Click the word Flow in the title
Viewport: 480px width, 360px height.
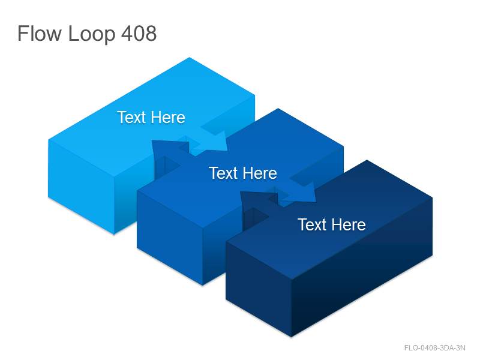[39, 34]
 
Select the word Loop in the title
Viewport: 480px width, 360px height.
[92, 35]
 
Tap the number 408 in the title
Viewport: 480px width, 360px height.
[139, 34]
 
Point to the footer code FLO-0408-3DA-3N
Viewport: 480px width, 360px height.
[434, 348]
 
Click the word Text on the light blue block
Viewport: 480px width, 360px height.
[131, 117]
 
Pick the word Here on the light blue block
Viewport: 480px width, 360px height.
[168, 117]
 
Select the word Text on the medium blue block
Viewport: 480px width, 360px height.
[223, 173]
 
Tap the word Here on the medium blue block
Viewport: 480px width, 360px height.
[260, 173]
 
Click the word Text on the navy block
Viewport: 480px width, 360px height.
[312, 224]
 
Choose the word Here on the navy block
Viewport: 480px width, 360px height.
[349, 224]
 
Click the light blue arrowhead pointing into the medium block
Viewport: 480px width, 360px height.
[214, 142]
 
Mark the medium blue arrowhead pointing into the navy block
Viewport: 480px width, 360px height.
[303, 193]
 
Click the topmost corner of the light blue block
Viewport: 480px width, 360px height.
[190, 57]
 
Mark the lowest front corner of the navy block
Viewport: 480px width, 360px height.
[292, 337]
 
